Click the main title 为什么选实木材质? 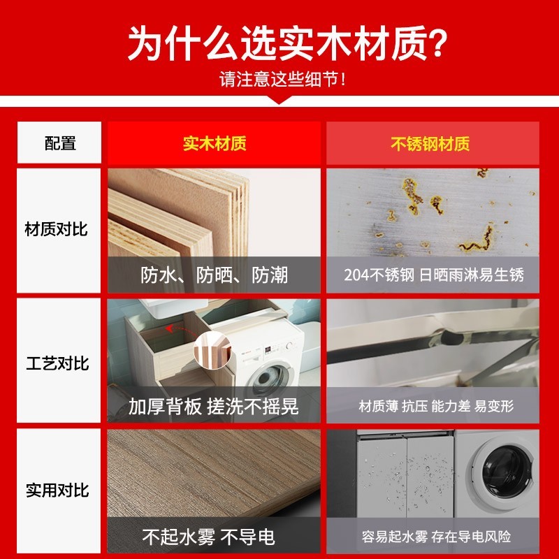tap(287, 44)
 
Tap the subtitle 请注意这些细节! tap(282, 79)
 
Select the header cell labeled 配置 tap(60, 143)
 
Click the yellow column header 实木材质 tap(215, 144)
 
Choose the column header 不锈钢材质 tap(430, 144)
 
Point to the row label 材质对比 tap(56, 229)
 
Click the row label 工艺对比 tap(57, 363)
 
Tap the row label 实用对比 tap(57, 491)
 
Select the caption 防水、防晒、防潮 tap(214, 275)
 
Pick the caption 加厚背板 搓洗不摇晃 tap(213, 406)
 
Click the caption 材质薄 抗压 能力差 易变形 tap(436, 406)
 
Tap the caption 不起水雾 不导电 tap(208, 537)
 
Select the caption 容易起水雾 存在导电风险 tap(436, 537)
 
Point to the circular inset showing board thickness tap(213, 350)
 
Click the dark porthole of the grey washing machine tap(507, 471)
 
